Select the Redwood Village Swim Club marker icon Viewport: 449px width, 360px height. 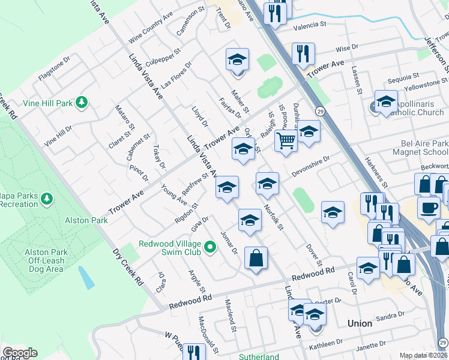click(209, 247)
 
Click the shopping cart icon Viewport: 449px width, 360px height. click(286, 142)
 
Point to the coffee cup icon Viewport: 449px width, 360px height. click(429, 208)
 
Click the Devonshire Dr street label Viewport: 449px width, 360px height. click(312, 166)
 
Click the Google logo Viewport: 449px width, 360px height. click(20, 353)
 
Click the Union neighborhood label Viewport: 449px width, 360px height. click(360, 323)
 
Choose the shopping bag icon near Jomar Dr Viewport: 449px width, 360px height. click(256, 259)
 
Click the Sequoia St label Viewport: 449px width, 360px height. click(403, 77)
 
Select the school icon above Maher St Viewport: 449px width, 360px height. click(238, 60)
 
